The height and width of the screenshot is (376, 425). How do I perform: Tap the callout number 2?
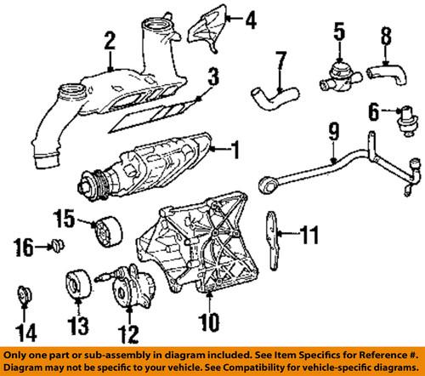point(109,38)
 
